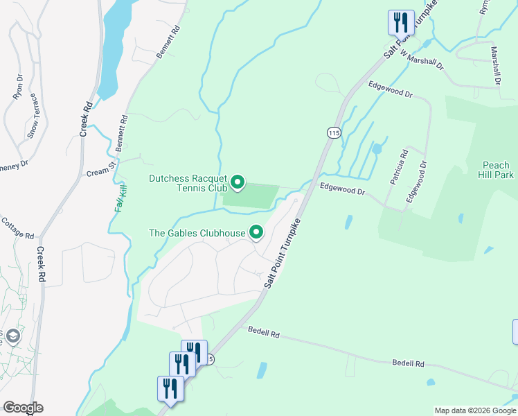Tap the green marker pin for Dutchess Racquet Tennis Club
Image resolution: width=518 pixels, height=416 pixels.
coord(238,183)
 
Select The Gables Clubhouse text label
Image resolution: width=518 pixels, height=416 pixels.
coord(198,233)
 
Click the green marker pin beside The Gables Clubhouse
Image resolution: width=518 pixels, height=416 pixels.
coord(256,232)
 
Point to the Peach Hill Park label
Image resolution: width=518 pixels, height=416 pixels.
coord(497,170)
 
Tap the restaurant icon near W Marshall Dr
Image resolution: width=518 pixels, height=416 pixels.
coord(401,23)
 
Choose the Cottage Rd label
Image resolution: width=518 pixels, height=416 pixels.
coord(17,228)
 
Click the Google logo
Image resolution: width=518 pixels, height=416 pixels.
coord(22,408)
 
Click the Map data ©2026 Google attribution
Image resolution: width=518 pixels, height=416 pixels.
coord(474,410)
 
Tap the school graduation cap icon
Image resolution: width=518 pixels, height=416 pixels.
coord(13,337)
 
